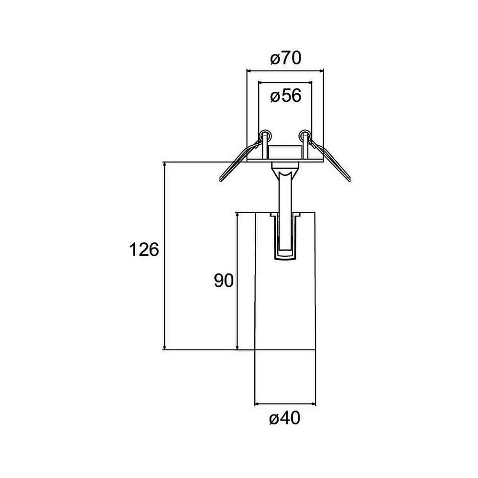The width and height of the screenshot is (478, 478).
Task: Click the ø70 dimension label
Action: (x=285, y=59)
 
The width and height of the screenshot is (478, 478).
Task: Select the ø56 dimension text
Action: (x=285, y=96)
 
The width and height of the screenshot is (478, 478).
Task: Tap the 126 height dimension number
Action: (x=143, y=250)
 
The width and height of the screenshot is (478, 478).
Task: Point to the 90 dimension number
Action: (x=223, y=281)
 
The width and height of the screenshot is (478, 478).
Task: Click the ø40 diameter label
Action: (x=285, y=419)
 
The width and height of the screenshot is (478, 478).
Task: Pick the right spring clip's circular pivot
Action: (x=304, y=135)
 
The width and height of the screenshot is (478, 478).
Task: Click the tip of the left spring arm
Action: (x=221, y=179)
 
